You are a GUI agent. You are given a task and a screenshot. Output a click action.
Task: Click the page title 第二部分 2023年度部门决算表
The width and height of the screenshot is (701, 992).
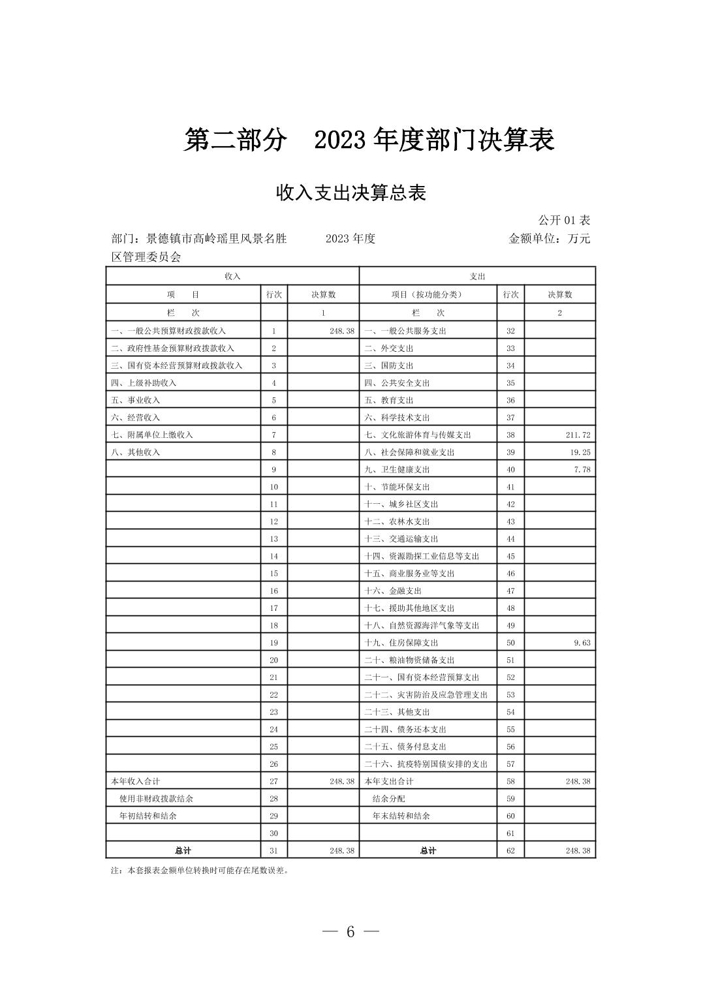tap(369, 140)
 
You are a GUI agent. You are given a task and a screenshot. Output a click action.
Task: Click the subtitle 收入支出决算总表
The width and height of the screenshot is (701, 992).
tap(351, 193)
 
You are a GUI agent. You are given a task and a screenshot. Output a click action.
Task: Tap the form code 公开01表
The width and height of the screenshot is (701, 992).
tap(564, 221)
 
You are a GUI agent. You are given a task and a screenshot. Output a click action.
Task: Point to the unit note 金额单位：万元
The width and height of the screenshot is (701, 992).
tap(549, 239)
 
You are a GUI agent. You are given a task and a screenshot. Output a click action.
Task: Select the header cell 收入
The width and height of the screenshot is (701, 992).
tap(232, 277)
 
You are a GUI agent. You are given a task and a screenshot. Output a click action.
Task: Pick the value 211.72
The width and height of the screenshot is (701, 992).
tap(578, 435)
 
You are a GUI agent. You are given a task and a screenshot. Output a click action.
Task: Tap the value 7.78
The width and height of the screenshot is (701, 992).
tap(582, 470)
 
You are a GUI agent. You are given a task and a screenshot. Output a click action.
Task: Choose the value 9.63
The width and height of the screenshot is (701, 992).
tap(582, 643)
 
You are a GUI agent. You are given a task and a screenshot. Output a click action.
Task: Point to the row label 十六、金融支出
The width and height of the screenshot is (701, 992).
tap(392, 591)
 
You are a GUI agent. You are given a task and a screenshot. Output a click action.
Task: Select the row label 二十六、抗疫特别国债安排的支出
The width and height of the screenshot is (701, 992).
tap(426, 764)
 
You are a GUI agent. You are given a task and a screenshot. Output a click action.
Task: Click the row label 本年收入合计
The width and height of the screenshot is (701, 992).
tap(135, 781)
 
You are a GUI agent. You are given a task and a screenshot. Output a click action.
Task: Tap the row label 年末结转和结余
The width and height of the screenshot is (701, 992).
tap(401, 816)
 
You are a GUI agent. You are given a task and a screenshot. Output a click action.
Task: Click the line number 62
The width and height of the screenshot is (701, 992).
tap(510, 851)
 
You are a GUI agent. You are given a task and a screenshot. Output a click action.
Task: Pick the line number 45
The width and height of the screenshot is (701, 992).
tap(510, 557)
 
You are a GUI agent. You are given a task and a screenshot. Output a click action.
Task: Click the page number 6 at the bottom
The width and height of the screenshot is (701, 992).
tap(350, 932)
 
